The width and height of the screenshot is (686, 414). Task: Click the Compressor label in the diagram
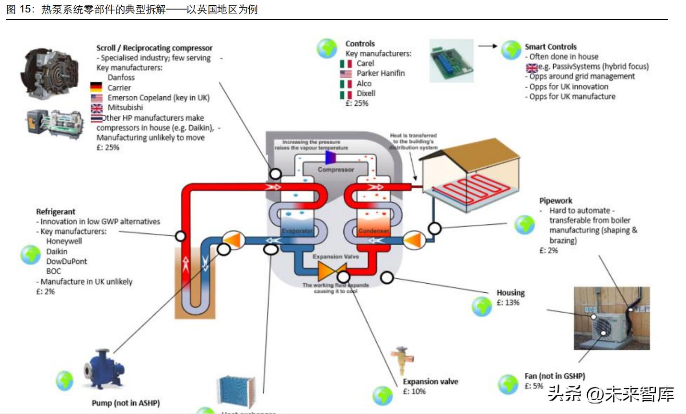[336, 170]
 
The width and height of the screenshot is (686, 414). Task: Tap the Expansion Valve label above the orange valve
[336, 256]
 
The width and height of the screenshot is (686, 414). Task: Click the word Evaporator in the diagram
[297, 231]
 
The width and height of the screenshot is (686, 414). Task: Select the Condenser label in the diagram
[373, 231]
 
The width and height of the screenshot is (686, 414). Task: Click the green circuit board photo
[451, 61]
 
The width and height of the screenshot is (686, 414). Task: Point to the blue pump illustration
[104, 370]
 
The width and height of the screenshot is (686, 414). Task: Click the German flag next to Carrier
[96, 87]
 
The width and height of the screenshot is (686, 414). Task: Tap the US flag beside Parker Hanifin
[346, 73]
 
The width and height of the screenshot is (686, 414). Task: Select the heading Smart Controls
[550, 46]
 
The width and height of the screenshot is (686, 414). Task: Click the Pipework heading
[556, 200]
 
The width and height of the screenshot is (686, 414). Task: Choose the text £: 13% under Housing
[508, 302]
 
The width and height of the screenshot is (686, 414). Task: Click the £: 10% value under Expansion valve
[414, 391]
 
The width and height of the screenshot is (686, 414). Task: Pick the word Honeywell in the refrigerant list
[64, 241]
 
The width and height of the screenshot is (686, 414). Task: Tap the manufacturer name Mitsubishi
[125, 107]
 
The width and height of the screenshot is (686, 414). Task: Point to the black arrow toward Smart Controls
[488, 46]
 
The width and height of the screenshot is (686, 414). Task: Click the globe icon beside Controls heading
[327, 48]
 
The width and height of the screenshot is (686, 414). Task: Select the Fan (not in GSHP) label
[554, 376]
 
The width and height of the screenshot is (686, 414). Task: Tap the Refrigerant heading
[56, 211]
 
